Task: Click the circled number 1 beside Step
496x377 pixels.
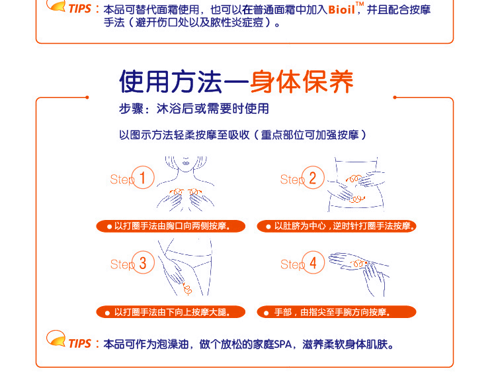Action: click(143, 178)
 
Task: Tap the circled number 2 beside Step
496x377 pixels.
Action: click(313, 178)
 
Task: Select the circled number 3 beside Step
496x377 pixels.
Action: click(143, 262)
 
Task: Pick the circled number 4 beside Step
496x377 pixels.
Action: click(313, 262)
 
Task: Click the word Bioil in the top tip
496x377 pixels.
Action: click(342, 9)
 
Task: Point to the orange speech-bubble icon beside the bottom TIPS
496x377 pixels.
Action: click(56, 338)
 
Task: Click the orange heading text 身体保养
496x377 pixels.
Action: click(302, 81)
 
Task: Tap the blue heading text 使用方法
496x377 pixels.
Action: click(171, 81)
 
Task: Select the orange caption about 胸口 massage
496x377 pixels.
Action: click(171, 226)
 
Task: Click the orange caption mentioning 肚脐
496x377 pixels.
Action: click(337, 226)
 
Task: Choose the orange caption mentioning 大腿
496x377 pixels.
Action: click(171, 312)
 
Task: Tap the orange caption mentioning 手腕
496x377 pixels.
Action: click(337, 312)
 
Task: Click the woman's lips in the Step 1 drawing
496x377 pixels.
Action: click(186, 163)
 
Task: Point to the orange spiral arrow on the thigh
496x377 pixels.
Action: click(188, 288)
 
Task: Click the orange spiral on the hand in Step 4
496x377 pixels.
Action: click(358, 263)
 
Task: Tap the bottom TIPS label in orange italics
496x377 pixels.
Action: click(79, 344)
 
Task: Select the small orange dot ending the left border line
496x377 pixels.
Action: click(87, 97)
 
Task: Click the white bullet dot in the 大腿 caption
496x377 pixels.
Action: click(108, 313)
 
